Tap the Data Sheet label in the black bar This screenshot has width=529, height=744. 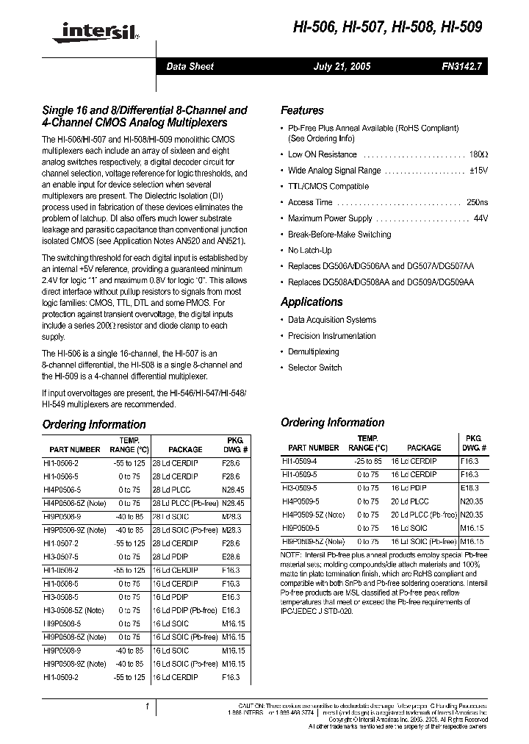coord(190,66)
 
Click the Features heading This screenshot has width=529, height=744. coord(302,110)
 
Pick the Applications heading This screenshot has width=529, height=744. coord(312,302)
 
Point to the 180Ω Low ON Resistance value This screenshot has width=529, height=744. coord(478,154)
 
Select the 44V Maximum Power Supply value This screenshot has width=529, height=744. coord(481,218)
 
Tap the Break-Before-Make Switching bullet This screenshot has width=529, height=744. coord(339,235)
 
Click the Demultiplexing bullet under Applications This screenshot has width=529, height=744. coord(314,352)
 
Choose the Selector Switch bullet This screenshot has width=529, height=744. coord(314,368)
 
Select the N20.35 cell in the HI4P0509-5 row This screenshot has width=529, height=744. coord(472,501)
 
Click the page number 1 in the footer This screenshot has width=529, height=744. coord(148,707)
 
